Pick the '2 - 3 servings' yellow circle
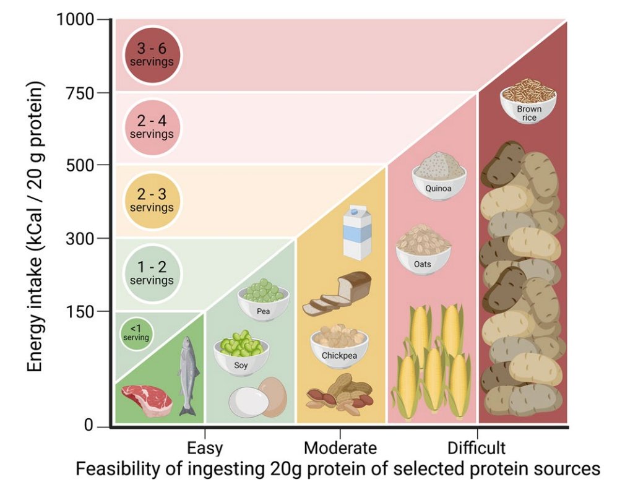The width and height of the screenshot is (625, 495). tap(152, 200)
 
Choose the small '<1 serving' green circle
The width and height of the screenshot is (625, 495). tap(135, 334)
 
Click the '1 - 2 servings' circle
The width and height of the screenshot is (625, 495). tap(152, 273)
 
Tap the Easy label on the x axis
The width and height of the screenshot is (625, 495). tap(205, 447)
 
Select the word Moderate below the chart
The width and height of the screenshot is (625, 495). tap(340, 447)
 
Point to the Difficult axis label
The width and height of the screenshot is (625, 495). tap(476, 447)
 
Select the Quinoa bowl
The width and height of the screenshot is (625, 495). tap(439, 176)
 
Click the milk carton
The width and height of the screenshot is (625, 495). tap(357, 235)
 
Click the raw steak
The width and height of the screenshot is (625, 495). tap(147, 399)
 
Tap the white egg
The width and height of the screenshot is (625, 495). tap(249, 403)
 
